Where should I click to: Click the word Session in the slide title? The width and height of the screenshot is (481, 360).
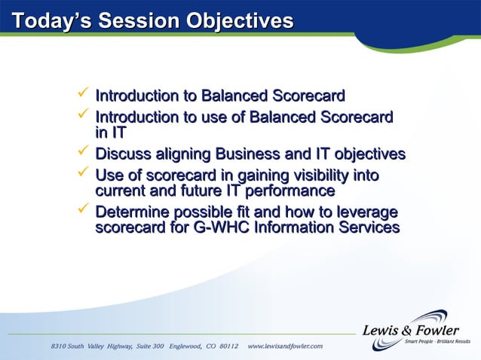tap(137, 22)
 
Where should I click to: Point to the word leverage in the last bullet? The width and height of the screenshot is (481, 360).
tap(366, 213)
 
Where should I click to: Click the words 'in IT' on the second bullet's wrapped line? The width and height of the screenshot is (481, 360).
tap(110, 133)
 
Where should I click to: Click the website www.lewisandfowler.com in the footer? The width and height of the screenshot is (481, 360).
tap(285, 346)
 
